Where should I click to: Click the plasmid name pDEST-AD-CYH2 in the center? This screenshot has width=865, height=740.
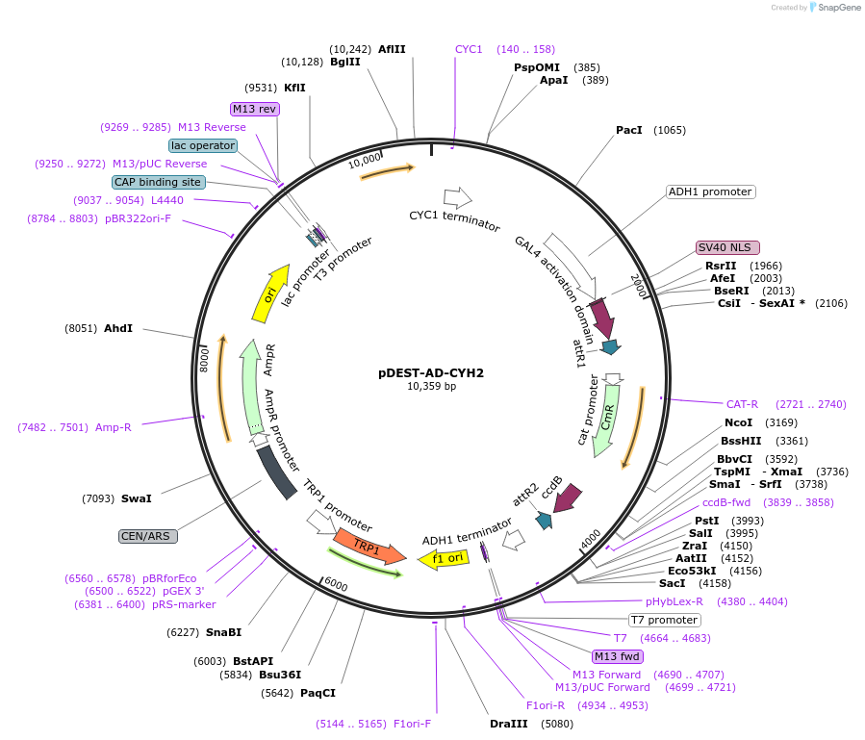coord(431,372)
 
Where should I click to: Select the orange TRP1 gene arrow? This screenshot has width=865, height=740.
coord(369,548)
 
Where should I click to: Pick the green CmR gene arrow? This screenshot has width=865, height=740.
coord(608,420)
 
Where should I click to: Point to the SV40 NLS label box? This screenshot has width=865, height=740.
coord(727,247)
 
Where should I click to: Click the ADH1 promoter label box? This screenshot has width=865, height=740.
coord(711,191)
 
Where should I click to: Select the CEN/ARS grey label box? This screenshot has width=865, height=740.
coord(147,536)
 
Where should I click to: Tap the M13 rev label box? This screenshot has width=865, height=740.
coord(255,109)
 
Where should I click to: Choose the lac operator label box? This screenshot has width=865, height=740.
coord(203,145)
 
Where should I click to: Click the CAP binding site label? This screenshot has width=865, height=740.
coord(158,181)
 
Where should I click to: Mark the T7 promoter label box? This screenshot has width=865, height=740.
coord(664,620)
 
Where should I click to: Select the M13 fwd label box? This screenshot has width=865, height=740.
coord(617,656)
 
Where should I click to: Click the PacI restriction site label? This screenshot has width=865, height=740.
coord(628,130)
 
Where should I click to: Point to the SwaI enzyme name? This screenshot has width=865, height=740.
coord(136,498)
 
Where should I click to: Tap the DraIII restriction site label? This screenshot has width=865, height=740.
coord(509,723)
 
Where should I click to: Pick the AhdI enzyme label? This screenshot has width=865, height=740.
coord(118,328)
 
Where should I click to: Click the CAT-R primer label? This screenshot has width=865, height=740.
coord(742,404)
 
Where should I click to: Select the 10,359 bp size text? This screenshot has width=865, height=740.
coord(431,387)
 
